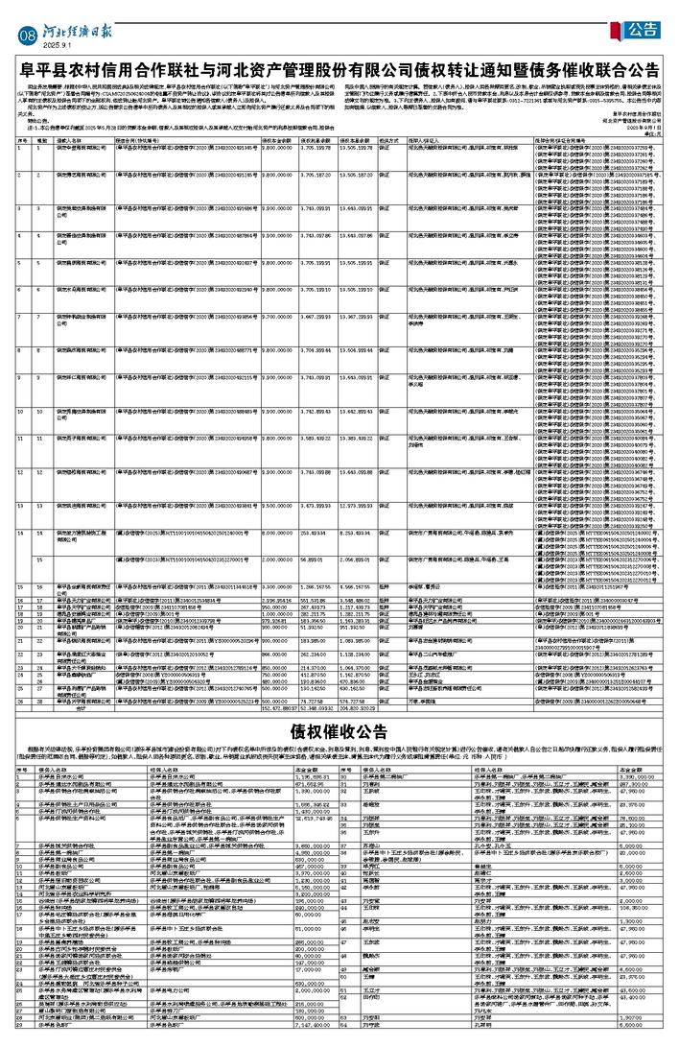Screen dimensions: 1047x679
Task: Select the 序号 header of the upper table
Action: (22, 139)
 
